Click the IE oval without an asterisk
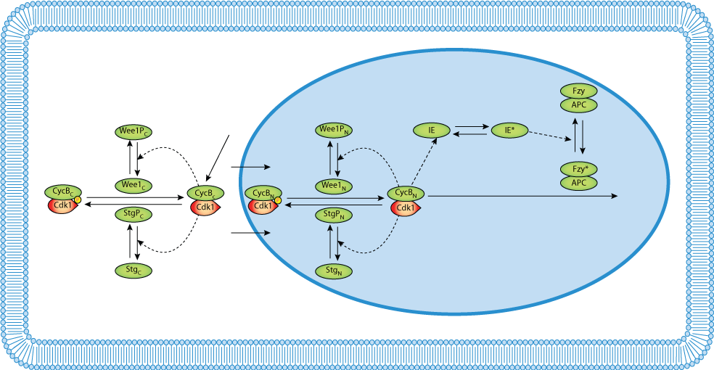coord(432,131)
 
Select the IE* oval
coord(509,131)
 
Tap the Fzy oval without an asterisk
coord(578,91)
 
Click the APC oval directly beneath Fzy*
coord(578,183)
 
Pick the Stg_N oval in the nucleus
coord(334,271)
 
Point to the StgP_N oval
coord(334,215)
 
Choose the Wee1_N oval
coord(334,186)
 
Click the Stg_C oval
coord(134,271)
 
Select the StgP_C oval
coord(134,214)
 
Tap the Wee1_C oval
coord(134,185)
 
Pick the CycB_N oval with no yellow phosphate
coord(406,194)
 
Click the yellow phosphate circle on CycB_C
coord(77,200)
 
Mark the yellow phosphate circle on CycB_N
coord(278,200)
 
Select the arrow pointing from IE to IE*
coord(472,126)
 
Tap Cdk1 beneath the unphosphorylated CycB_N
coord(406,209)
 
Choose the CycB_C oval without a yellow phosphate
coord(205,193)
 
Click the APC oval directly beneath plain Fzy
coord(578,105)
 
